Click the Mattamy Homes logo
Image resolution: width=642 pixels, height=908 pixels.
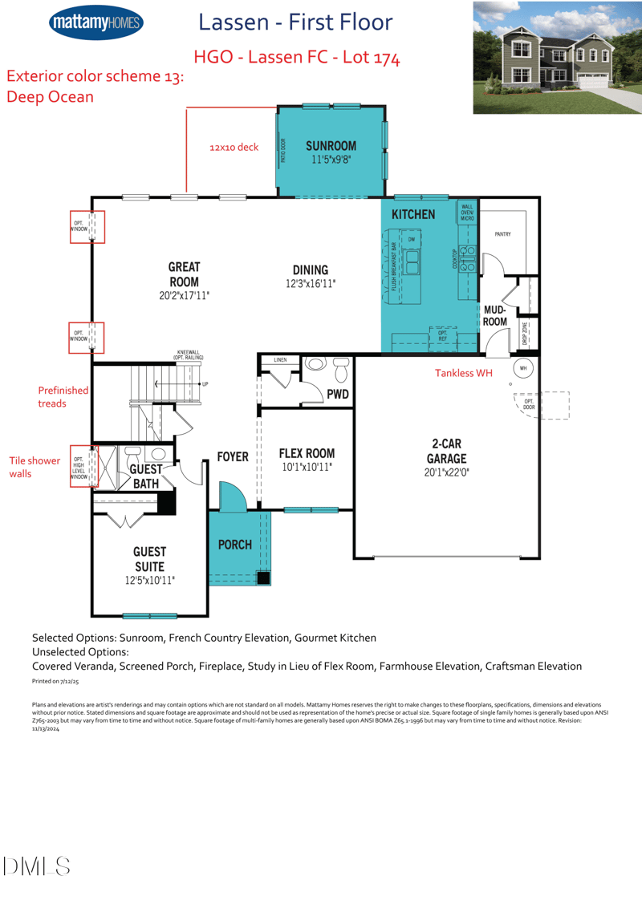[x=95, y=23]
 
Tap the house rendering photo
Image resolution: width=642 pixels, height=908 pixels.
[x=555, y=58]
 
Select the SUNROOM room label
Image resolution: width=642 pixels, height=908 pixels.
[x=331, y=145]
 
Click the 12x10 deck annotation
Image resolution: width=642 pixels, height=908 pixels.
[x=234, y=148]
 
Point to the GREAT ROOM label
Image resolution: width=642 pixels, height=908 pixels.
[x=184, y=274]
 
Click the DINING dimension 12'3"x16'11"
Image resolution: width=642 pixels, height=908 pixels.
[x=311, y=284]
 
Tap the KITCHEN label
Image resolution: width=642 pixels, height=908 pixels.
[x=413, y=214]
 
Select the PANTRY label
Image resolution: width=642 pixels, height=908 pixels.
[x=502, y=234]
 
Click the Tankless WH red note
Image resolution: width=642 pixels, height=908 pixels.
[x=463, y=373]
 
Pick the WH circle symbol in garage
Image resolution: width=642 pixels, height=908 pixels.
[x=523, y=368]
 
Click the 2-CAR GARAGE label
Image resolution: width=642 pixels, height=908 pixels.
[x=446, y=451]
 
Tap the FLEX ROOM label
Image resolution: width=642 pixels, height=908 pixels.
[x=307, y=454]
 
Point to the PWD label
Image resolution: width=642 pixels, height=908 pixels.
[x=337, y=394]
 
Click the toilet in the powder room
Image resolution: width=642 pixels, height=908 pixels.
[x=340, y=371]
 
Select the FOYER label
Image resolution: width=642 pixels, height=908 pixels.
[x=233, y=456]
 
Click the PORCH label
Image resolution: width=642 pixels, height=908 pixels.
[x=235, y=545]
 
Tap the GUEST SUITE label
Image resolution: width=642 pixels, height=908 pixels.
[x=149, y=558]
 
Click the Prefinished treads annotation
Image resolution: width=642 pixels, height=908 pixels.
[x=63, y=396]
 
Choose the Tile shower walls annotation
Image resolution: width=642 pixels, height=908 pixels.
[x=35, y=468]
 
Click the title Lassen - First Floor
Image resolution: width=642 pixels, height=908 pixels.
[x=295, y=22]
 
